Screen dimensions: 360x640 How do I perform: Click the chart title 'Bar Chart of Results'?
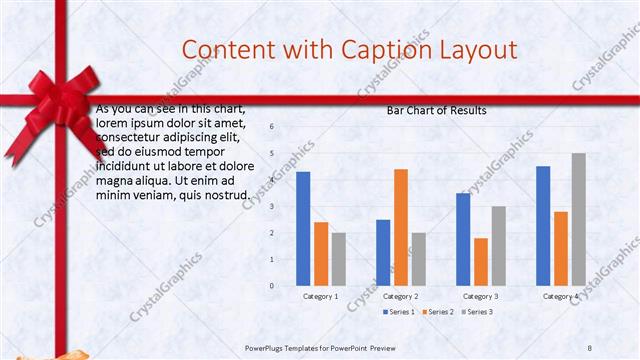(x=436, y=111)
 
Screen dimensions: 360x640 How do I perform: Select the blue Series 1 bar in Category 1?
(x=303, y=228)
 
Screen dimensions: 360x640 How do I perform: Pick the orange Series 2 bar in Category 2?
(x=400, y=227)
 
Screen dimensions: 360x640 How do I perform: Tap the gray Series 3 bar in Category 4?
(x=578, y=219)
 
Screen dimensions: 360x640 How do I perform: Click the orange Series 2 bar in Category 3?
(x=481, y=261)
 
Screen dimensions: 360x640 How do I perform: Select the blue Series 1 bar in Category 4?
(x=543, y=225)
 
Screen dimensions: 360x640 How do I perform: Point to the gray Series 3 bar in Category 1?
(x=339, y=259)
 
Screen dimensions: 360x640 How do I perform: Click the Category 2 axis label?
(x=401, y=297)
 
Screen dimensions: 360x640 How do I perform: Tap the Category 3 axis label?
(x=481, y=297)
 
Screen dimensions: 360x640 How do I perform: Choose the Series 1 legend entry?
(x=401, y=313)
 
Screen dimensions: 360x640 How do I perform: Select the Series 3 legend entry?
(x=475, y=313)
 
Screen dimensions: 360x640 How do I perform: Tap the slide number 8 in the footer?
(x=589, y=347)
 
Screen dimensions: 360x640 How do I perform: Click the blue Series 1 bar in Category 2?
(x=383, y=252)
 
